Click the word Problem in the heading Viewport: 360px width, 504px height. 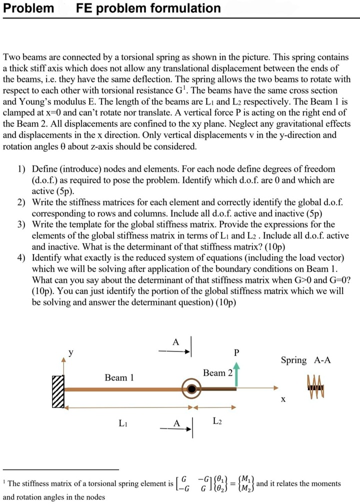pos(28,8)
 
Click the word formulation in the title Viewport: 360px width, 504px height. pos(185,8)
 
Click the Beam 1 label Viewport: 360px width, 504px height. pos(119,377)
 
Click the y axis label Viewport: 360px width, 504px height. pos(70,351)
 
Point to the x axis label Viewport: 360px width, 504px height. pos(283,400)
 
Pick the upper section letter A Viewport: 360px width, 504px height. pos(175,342)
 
